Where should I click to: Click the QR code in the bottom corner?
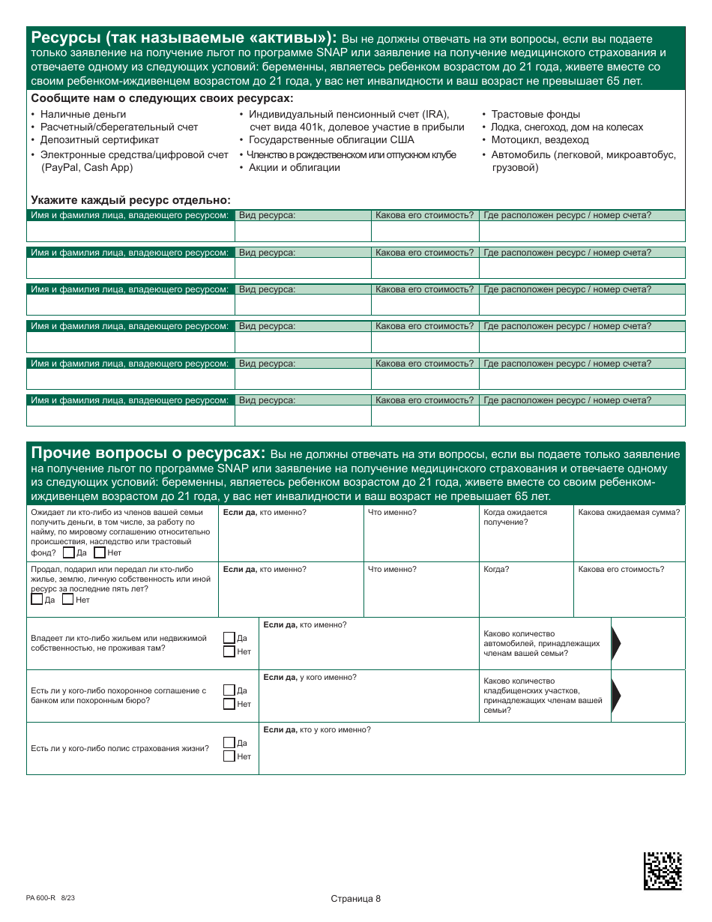[663, 870]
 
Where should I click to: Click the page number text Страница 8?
[355, 899]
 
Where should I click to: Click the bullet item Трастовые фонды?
[535, 114]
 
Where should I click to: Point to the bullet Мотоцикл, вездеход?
[540, 139]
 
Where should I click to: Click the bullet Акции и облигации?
[294, 167]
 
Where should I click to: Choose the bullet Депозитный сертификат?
[99, 139]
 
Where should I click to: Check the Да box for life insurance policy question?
[229, 742]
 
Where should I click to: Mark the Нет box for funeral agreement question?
[229, 704]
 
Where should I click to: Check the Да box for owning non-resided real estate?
[229, 638]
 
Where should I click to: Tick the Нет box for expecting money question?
[100, 552]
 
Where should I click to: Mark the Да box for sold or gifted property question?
[37, 599]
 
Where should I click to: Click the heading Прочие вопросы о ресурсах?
[148, 454]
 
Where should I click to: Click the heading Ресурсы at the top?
[184, 39]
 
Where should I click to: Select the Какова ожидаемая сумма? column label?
[629, 512]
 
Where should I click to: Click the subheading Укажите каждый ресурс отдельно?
[130, 200]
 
